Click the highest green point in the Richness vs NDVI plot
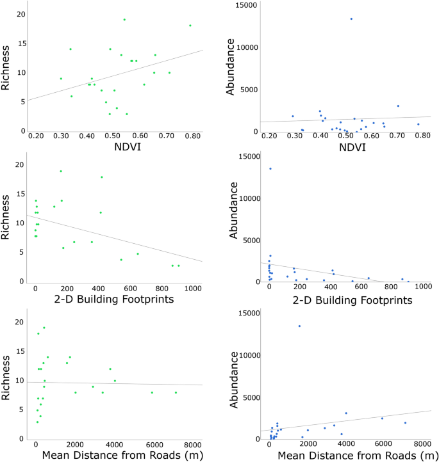pos(124,20)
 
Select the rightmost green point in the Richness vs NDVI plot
pos(190,26)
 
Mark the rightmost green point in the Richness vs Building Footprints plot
pos(179,266)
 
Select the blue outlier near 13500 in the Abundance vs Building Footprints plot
pos(270,169)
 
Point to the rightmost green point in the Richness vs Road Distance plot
pos(176,393)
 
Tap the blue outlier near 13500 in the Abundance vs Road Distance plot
pos(299,326)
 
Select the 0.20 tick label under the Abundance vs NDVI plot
pos(269,137)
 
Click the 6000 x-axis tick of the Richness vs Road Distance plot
pos(154,445)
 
